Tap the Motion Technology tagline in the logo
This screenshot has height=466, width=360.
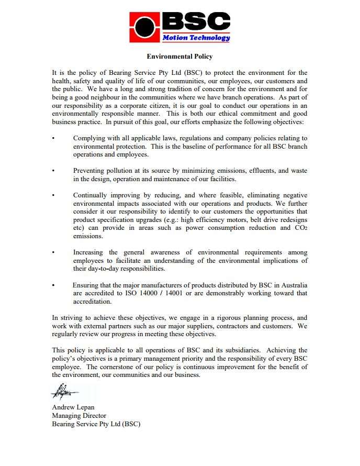[196, 38]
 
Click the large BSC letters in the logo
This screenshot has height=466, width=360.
[196, 20]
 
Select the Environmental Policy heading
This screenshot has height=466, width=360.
[179, 57]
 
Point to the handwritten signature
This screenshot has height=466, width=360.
[64, 391]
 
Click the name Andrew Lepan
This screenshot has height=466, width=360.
[73, 407]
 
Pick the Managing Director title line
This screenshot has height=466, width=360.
[79, 416]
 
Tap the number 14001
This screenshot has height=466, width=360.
[162, 293]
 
